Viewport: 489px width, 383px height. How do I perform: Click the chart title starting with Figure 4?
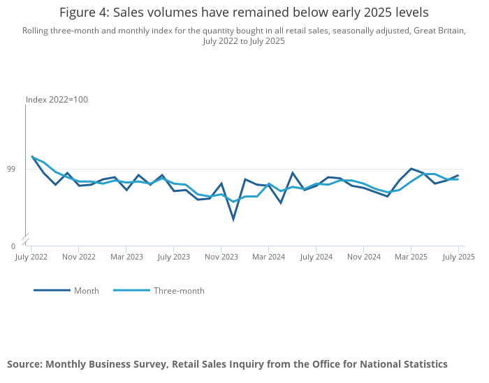[x=244, y=13]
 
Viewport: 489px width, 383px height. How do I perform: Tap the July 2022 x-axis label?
[x=31, y=257]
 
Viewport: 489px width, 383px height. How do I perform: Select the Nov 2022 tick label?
[x=79, y=257]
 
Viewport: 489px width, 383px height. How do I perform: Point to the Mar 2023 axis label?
[x=126, y=257]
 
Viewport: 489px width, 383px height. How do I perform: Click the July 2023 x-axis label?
[x=173, y=257]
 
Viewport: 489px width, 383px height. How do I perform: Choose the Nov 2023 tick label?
[x=221, y=257]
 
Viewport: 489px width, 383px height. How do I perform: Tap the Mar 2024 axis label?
[x=268, y=257]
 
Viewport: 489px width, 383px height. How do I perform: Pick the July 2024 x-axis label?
[x=316, y=257]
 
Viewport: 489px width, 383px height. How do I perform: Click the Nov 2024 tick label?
[x=364, y=257]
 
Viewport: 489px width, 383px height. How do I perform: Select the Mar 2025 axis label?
[x=411, y=257]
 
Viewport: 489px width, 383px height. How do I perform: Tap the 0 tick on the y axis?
[x=13, y=246]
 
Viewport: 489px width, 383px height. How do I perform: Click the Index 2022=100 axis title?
[x=57, y=100]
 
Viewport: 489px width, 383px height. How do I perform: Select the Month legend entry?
[x=87, y=291]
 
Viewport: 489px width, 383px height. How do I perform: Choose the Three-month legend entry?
[x=179, y=291]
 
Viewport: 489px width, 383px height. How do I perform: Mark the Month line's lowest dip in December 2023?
[x=233, y=219]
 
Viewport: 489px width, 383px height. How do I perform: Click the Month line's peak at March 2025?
[x=411, y=169]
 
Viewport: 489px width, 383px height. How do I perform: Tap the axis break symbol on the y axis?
[x=26, y=239]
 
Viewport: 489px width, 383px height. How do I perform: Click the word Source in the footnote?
[x=24, y=364]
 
